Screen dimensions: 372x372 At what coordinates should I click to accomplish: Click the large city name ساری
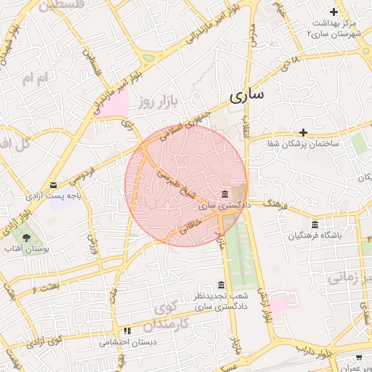coord(246,95)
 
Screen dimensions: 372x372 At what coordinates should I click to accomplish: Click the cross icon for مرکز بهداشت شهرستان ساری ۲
coord(333,12)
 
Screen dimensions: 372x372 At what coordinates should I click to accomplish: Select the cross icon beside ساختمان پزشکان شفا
coord(303,132)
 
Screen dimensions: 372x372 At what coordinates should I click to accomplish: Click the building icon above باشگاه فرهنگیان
coord(315,224)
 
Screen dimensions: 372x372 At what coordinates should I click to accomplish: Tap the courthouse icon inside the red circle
coord(225,195)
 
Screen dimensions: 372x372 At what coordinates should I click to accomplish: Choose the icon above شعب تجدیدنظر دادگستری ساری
coord(221,285)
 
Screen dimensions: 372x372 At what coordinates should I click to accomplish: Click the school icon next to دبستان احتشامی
coord(127,331)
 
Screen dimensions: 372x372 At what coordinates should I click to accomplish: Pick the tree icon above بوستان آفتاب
coord(27,237)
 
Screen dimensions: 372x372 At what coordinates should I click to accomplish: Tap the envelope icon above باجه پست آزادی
coord(53,185)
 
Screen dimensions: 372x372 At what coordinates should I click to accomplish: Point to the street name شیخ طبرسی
coord(178,179)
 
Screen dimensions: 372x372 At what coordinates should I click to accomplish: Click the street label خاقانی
coord(188,227)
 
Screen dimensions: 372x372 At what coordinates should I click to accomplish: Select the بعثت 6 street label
coord(24,291)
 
